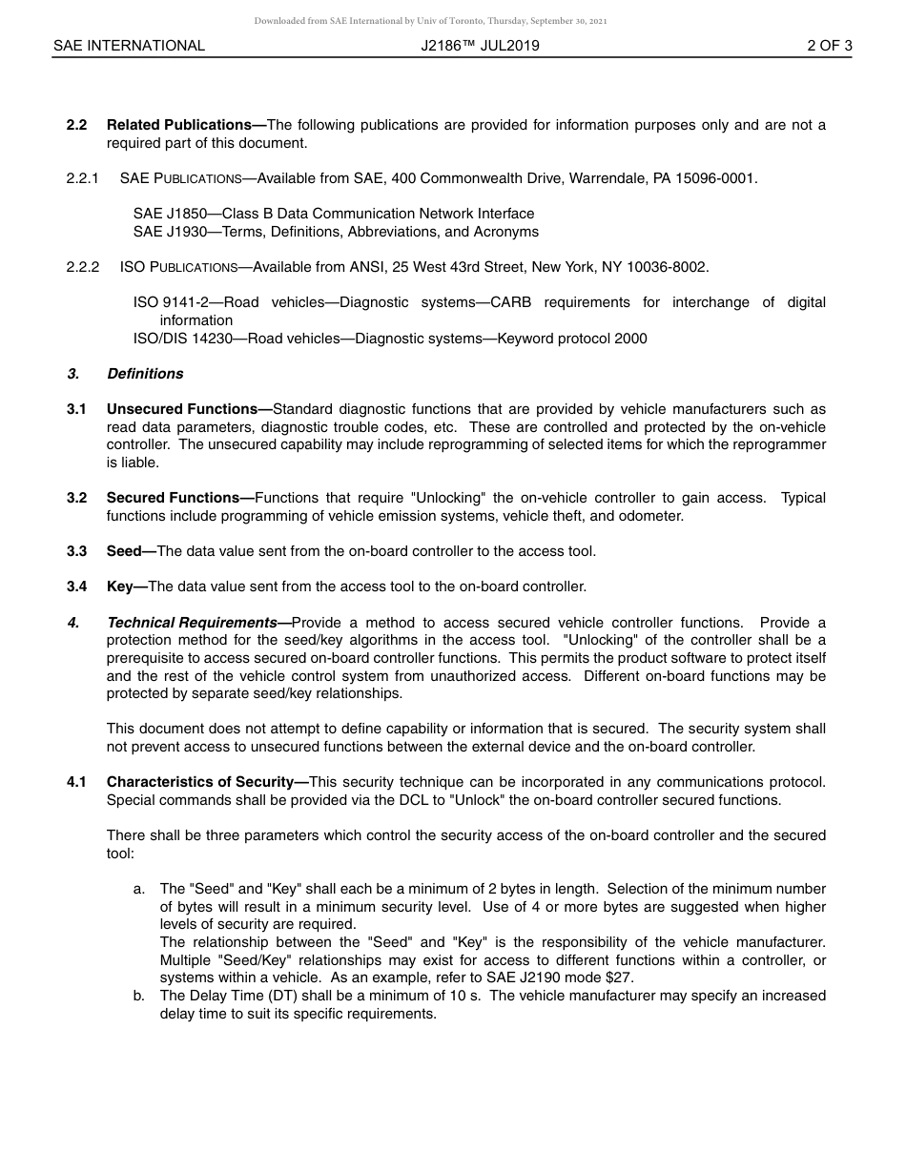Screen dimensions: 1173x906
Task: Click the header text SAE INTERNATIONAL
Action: point(129,45)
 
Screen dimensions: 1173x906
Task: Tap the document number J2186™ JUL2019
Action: point(480,45)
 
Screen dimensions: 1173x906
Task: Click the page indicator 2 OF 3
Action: point(829,45)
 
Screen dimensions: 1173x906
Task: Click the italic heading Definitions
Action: point(145,374)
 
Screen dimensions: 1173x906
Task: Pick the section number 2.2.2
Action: point(83,267)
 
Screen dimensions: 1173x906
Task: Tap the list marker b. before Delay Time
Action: point(139,996)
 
